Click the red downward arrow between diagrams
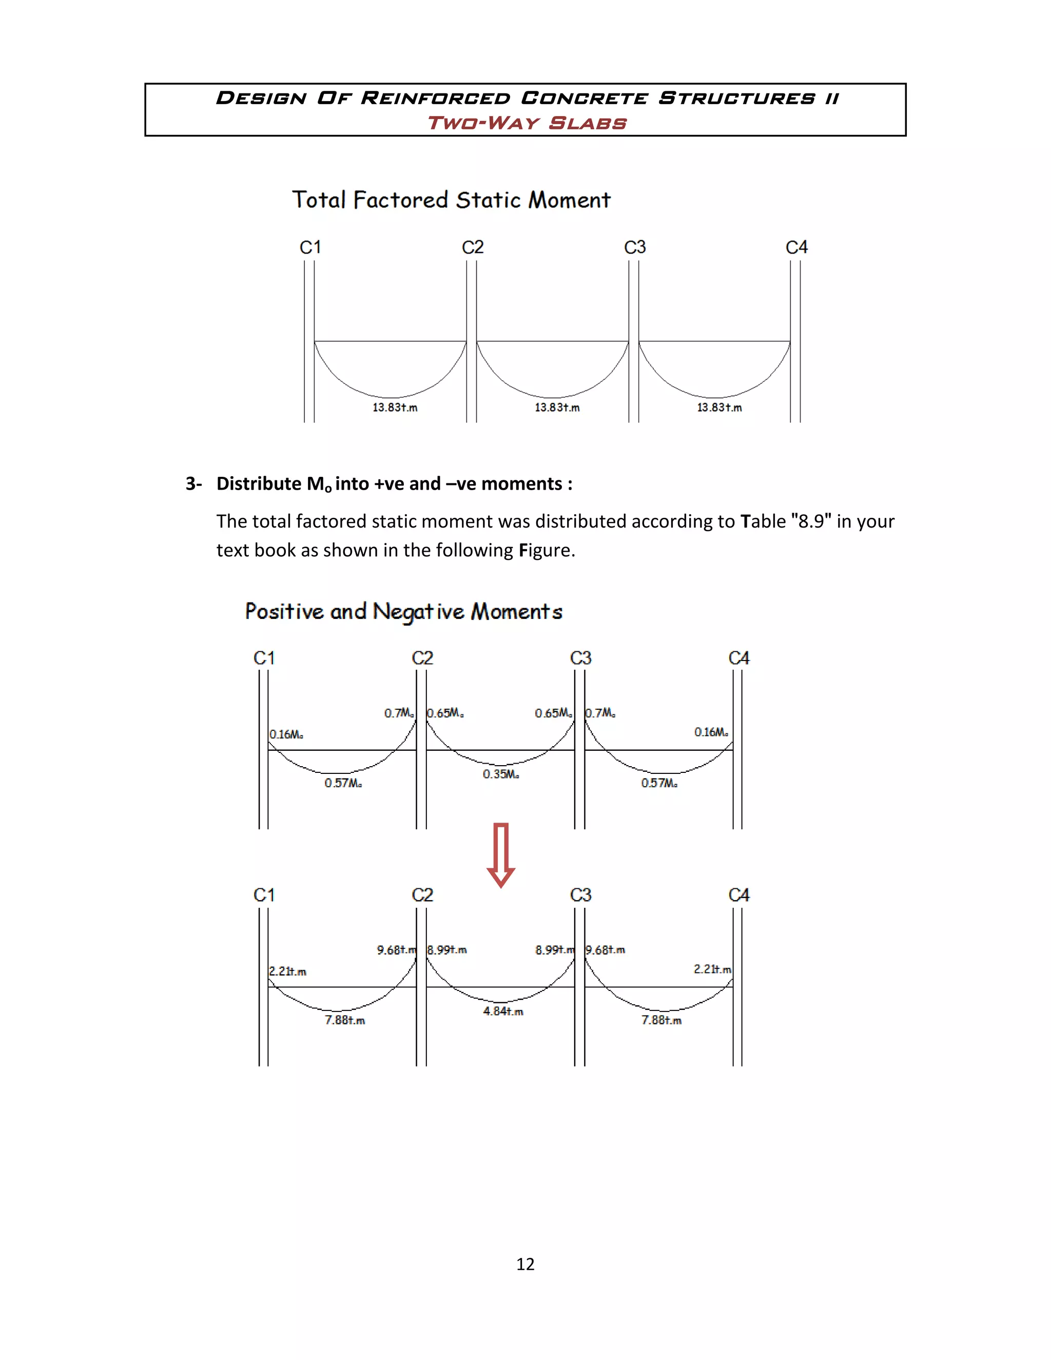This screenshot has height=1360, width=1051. [x=500, y=854]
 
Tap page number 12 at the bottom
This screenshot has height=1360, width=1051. [x=525, y=1264]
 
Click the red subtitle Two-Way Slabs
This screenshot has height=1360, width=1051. [x=526, y=123]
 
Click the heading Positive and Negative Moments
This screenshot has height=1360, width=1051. [x=403, y=612]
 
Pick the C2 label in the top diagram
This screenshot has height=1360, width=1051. [x=472, y=247]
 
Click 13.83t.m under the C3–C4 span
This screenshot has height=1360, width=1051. [x=719, y=407]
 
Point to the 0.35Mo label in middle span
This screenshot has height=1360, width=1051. [x=500, y=774]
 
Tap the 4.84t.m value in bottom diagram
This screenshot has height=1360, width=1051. [x=503, y=1012]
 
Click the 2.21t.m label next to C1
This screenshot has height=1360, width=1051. [x=288, y=972]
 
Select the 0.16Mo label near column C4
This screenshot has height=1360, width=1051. [x=711, y=732]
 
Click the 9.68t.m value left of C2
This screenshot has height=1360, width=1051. [x=396, y=949]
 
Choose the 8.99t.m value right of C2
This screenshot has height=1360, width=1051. [x=446, y=949]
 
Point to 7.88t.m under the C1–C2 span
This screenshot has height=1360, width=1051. [x=345, y=1020]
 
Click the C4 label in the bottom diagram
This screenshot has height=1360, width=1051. [x=738, y=895]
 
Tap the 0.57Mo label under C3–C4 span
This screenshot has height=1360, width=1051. [x=659, y=783]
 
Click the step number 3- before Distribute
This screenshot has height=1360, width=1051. [x=193, y=484]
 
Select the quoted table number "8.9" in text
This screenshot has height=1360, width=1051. [x=811, y=521]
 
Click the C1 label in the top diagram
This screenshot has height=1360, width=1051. [x=310, y=247]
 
